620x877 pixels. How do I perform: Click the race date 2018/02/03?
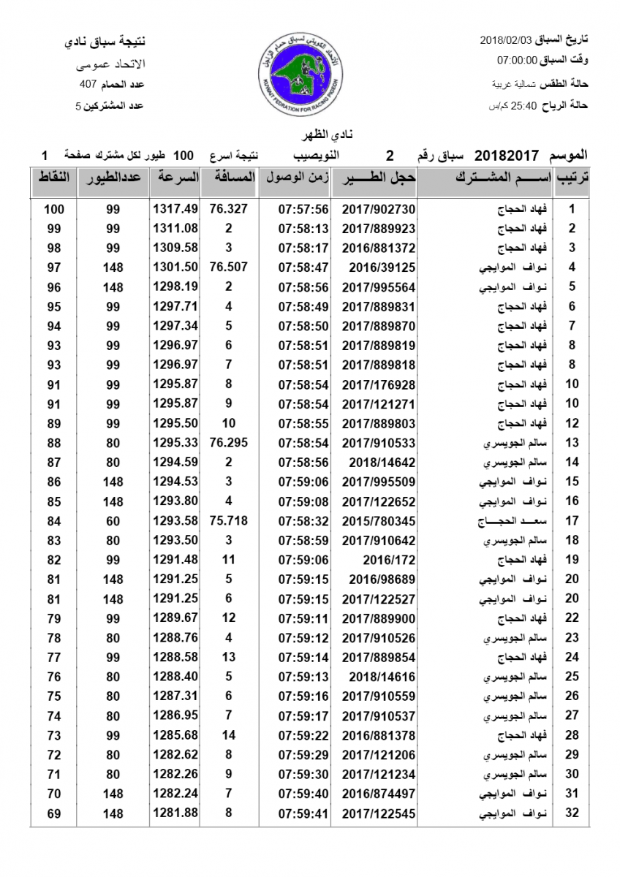pos(507,38)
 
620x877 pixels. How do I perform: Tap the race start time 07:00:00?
pos(518,60)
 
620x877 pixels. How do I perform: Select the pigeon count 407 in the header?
pos(88,85)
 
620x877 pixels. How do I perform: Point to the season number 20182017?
pos(507,156)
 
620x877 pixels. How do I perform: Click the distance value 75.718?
pos(228,521)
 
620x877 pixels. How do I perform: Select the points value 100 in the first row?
pos(53,209)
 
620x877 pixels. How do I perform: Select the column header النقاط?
pos(53,178)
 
